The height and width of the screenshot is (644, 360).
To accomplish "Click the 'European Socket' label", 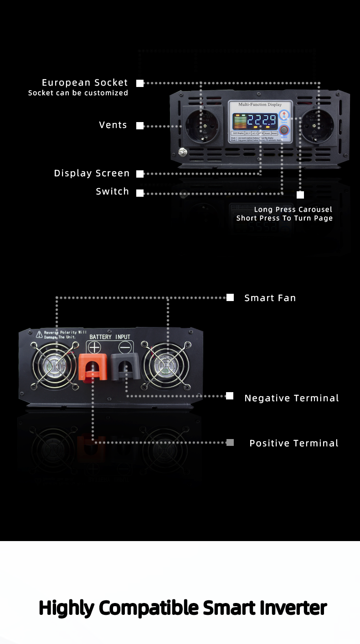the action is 85,82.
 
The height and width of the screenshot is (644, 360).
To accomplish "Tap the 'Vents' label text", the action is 113,125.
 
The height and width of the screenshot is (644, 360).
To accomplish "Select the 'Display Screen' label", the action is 92,173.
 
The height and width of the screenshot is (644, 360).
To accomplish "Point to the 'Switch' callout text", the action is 112,191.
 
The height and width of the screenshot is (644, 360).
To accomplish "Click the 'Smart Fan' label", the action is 270,298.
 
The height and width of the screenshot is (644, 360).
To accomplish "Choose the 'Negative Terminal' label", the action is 292,398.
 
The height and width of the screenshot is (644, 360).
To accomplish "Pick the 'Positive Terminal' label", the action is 294,443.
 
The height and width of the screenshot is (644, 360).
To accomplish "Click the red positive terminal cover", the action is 93,367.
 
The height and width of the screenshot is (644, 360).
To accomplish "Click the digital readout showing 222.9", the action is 262,121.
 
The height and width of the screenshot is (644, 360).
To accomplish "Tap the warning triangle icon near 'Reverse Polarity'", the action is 39,335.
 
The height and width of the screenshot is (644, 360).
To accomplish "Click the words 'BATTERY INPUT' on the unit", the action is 110,337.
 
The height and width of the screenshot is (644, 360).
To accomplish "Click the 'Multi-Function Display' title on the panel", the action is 260,104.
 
